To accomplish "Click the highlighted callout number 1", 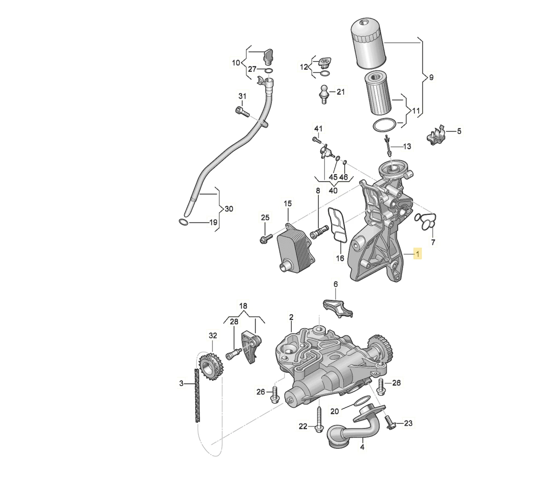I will click(x=418, y=255).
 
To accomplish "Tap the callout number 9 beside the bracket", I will click(x=431, y=78).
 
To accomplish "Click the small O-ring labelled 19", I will click(x=182, y=222).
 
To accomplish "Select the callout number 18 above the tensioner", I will click(x=243, y=305).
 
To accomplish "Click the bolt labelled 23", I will click(x=390, y=422).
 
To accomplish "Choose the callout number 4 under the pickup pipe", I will click(x=362, y=447).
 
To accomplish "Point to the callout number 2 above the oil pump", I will click(x=291, y=318).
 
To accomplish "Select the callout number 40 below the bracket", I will click(x=333, y=191).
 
